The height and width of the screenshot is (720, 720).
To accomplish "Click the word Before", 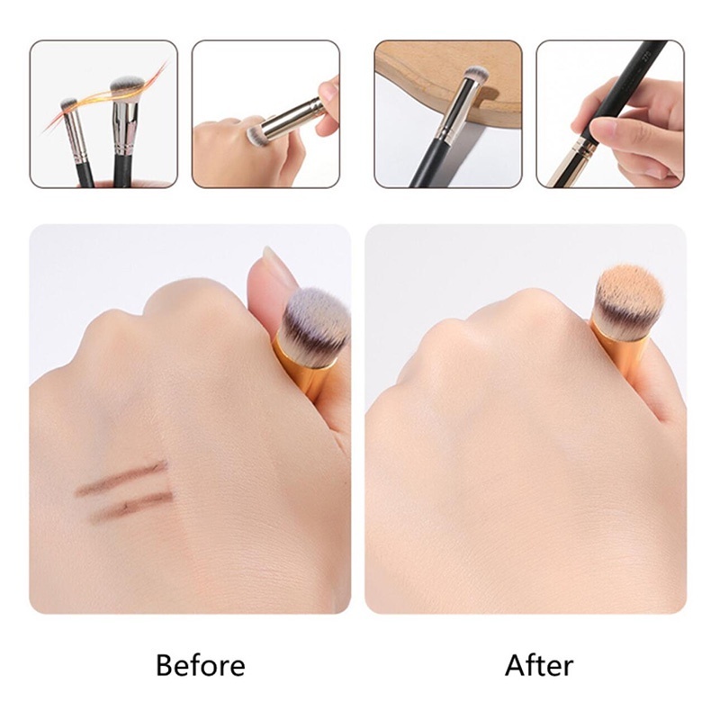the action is pos(200,665).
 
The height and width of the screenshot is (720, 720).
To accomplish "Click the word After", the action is pos(539,665).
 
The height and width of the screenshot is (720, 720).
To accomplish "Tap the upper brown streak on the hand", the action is pos(122,478).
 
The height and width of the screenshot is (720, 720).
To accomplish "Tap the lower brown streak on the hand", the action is pos(131,508).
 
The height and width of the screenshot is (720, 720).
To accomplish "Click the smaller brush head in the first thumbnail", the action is pos(68,104).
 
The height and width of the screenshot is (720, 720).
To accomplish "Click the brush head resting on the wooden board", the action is pos(475,74).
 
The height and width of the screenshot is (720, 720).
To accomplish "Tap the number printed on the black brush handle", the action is pos(647,57).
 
